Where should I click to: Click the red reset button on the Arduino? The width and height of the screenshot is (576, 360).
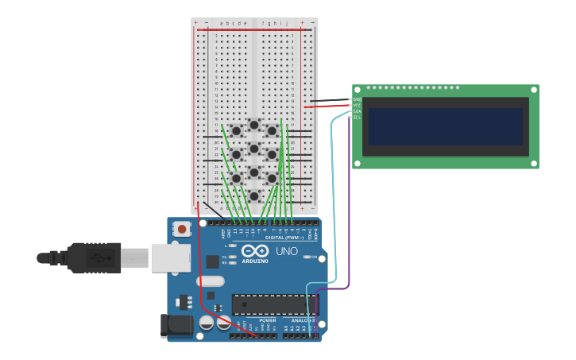(182, 230)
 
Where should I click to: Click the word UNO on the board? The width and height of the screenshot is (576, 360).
(287, 251)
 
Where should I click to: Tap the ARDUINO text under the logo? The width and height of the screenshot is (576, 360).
(255, 261)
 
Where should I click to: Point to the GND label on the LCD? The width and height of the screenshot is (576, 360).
(357, 99)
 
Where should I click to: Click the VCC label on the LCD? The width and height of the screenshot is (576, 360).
(357, 105)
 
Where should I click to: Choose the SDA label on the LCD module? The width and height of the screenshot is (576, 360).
(357, 111)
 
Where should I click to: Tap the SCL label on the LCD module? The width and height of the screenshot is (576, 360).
(357, 117)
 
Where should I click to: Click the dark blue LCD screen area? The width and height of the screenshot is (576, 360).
(446, 126)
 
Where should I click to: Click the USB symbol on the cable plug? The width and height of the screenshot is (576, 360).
(98, 257)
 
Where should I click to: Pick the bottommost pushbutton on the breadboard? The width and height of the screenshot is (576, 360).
(254, 195)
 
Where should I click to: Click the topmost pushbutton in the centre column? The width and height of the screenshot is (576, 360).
(254, 125)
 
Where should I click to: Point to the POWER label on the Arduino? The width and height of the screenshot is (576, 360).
(268, 320)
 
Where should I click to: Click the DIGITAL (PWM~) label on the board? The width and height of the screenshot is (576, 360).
(282, 238)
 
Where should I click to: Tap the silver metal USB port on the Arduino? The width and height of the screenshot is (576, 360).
(170, 257)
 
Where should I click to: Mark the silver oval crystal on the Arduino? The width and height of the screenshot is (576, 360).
(210, 281)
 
